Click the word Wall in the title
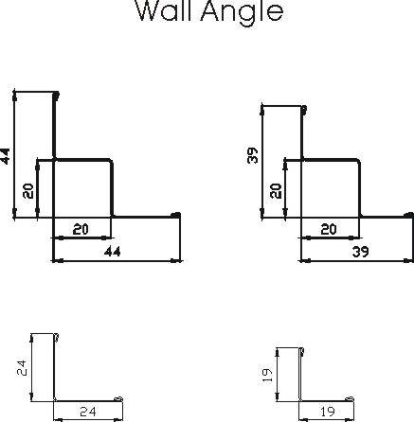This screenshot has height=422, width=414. tap(164, 10)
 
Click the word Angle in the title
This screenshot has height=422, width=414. tap(242, 12)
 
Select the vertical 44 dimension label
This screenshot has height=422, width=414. tap(5, 156)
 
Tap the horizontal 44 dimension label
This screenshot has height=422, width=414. tap(113, 252)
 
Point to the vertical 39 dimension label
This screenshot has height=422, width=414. tap(253, 155)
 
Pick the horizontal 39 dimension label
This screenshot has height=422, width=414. tap(360, 252)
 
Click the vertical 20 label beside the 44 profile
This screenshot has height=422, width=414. tap(28, 191)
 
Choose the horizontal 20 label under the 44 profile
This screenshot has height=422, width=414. tap(81, 229)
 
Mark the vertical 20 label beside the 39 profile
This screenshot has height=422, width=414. tap(276, 191)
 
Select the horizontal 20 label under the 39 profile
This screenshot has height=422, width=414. tap(329, 229)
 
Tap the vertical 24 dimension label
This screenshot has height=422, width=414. tap(22, 368)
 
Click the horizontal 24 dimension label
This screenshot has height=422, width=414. tap(88, 412)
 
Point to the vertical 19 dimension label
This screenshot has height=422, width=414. tap(267, 376)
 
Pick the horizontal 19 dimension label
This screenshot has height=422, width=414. tap(328, 412)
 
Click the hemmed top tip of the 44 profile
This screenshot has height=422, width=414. tap(56, 95)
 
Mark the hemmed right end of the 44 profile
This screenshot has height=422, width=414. tap(175, 215)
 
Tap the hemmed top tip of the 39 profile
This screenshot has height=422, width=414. tap(303, 110)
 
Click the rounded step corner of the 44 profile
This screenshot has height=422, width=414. tap(111, 162)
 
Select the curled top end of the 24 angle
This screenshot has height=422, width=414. tap(56, 337)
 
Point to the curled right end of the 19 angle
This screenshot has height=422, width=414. tap(350, 398)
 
